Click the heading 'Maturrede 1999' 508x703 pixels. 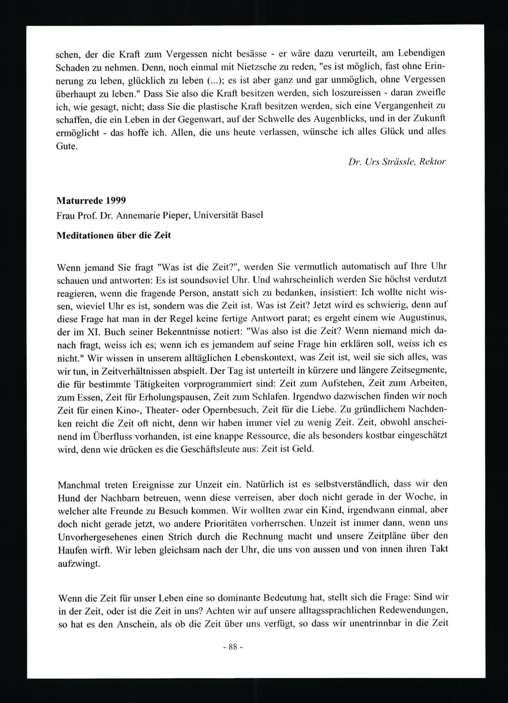click(91, 200)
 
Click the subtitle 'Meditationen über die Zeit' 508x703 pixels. click(114, 235)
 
